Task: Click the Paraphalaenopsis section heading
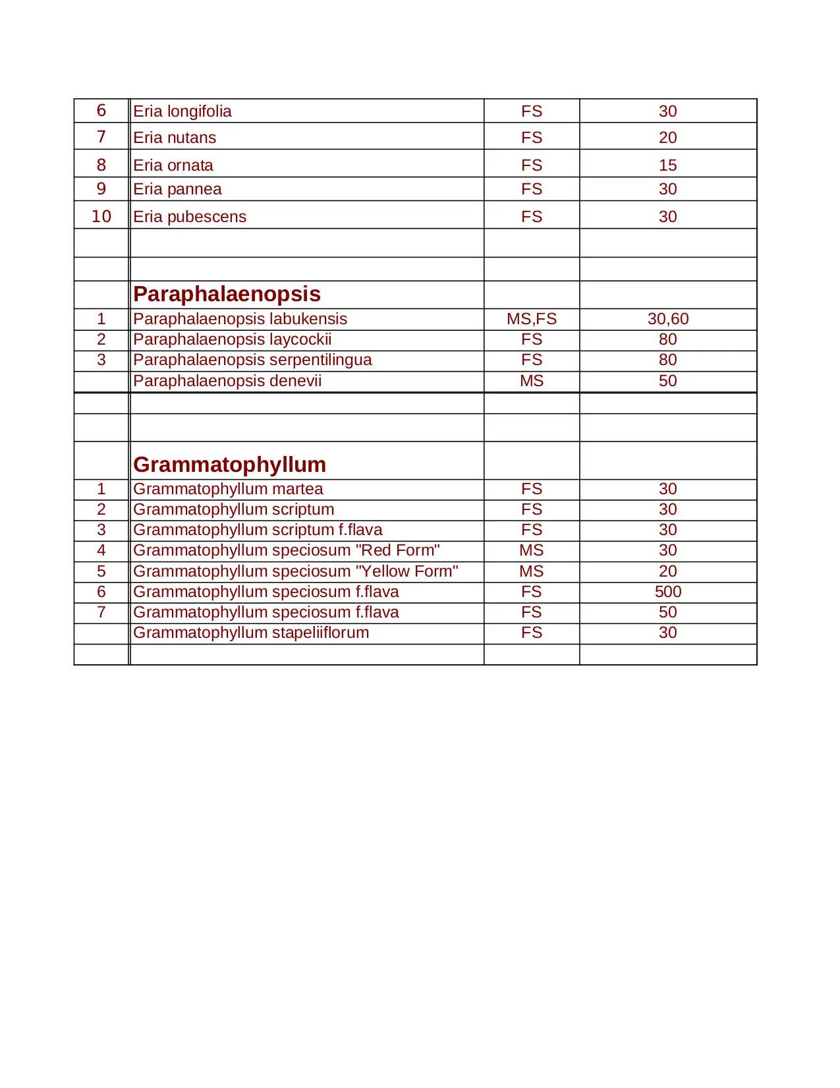click(x=227, y=294)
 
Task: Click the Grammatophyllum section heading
click(x=229, y=465)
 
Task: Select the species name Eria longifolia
click(x=182, y=111)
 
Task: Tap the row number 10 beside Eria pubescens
click(x=101, y=216)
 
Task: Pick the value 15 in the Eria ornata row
click(x=667, y=165)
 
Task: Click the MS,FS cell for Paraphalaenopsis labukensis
click(x=532, y=319)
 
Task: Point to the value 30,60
click(x=667, y=319)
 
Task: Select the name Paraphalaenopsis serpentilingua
click(x=252, y=360)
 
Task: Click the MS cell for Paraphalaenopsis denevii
click(x=532, y=381)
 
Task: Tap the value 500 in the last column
click(x=667, y=592)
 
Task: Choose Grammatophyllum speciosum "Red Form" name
click(x=287, y=550)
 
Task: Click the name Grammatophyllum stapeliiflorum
click(x=251, y=633)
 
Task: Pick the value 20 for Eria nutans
click(x=667, y=138)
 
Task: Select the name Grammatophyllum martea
click(x=228, y=489)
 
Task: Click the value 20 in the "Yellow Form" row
click(x=667, y=571)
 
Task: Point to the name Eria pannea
click(x=177, y=189)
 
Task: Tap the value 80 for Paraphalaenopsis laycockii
click(x=667, y=339)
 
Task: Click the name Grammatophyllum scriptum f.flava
click(x=258, y=530)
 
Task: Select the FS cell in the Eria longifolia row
click(x=532, y=111)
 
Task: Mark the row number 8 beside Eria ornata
click(x=101, y=165)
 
